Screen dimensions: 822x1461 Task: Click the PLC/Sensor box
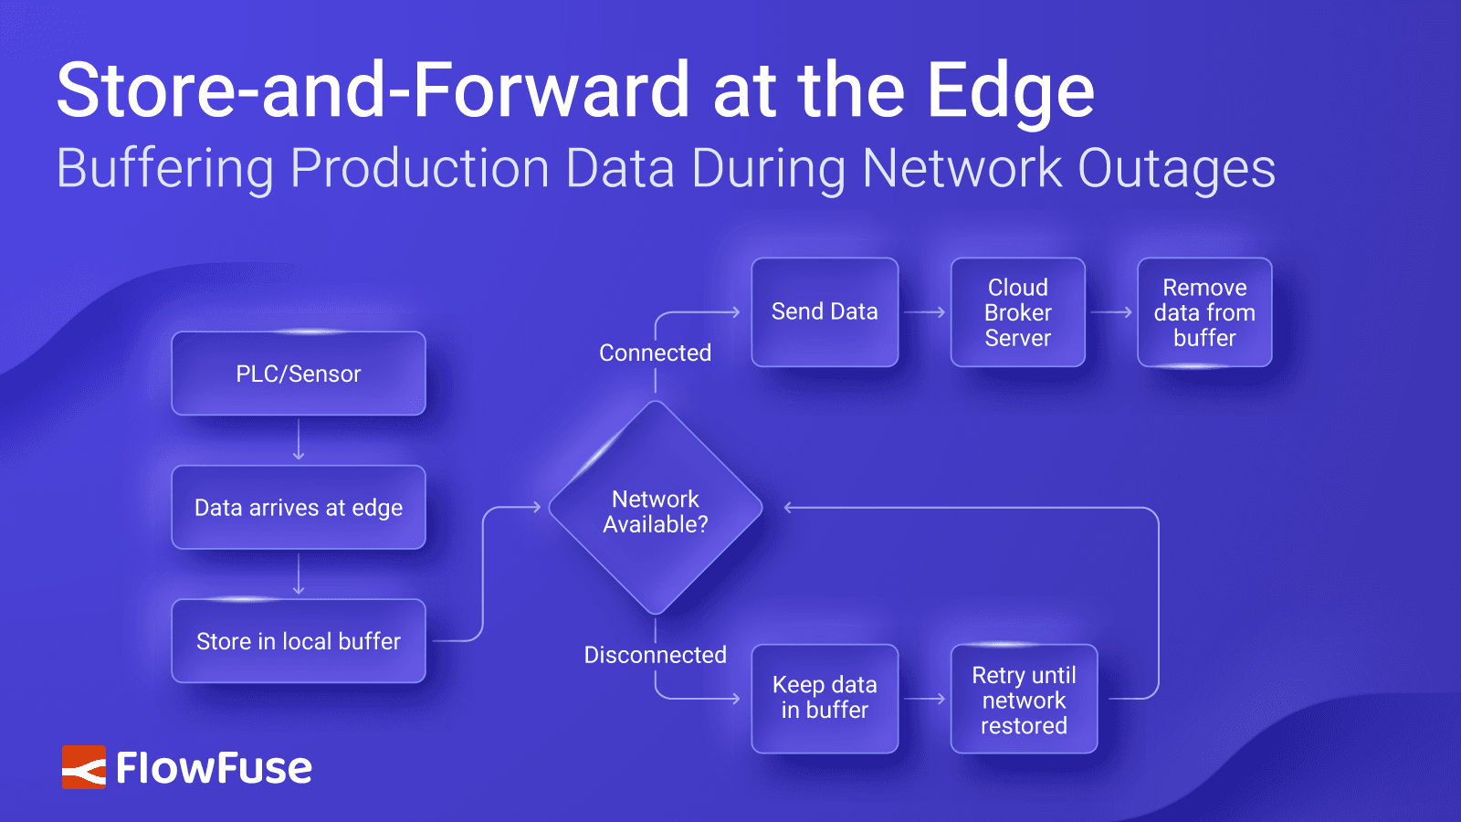[x=299, y=374]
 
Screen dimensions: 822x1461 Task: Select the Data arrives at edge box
[x=299, y=508]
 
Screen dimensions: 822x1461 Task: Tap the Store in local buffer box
[x=299, y=641]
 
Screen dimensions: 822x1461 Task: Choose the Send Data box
[x=825, y=312]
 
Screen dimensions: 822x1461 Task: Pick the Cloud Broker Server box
[x=1017, y=312]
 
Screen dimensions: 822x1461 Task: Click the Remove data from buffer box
[x=1204, y=312]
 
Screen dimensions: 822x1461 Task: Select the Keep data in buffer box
[x=825, y=699]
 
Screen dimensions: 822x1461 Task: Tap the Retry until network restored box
[x=1024, y=700]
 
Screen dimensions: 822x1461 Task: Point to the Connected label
[x=655, y=353]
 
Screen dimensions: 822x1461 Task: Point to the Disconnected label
[x=655, y=655]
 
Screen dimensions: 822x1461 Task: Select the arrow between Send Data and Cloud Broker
[x=924, y=312]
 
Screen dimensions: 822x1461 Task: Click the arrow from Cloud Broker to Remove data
[x=1111, y=312]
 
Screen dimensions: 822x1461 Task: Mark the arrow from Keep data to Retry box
[x=924, y=699]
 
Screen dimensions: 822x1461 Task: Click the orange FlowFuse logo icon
[x=84, y=767]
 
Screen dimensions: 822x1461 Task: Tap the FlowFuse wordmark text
[x=215, y=768]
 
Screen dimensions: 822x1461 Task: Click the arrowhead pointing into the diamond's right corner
[x=789, y=508]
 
